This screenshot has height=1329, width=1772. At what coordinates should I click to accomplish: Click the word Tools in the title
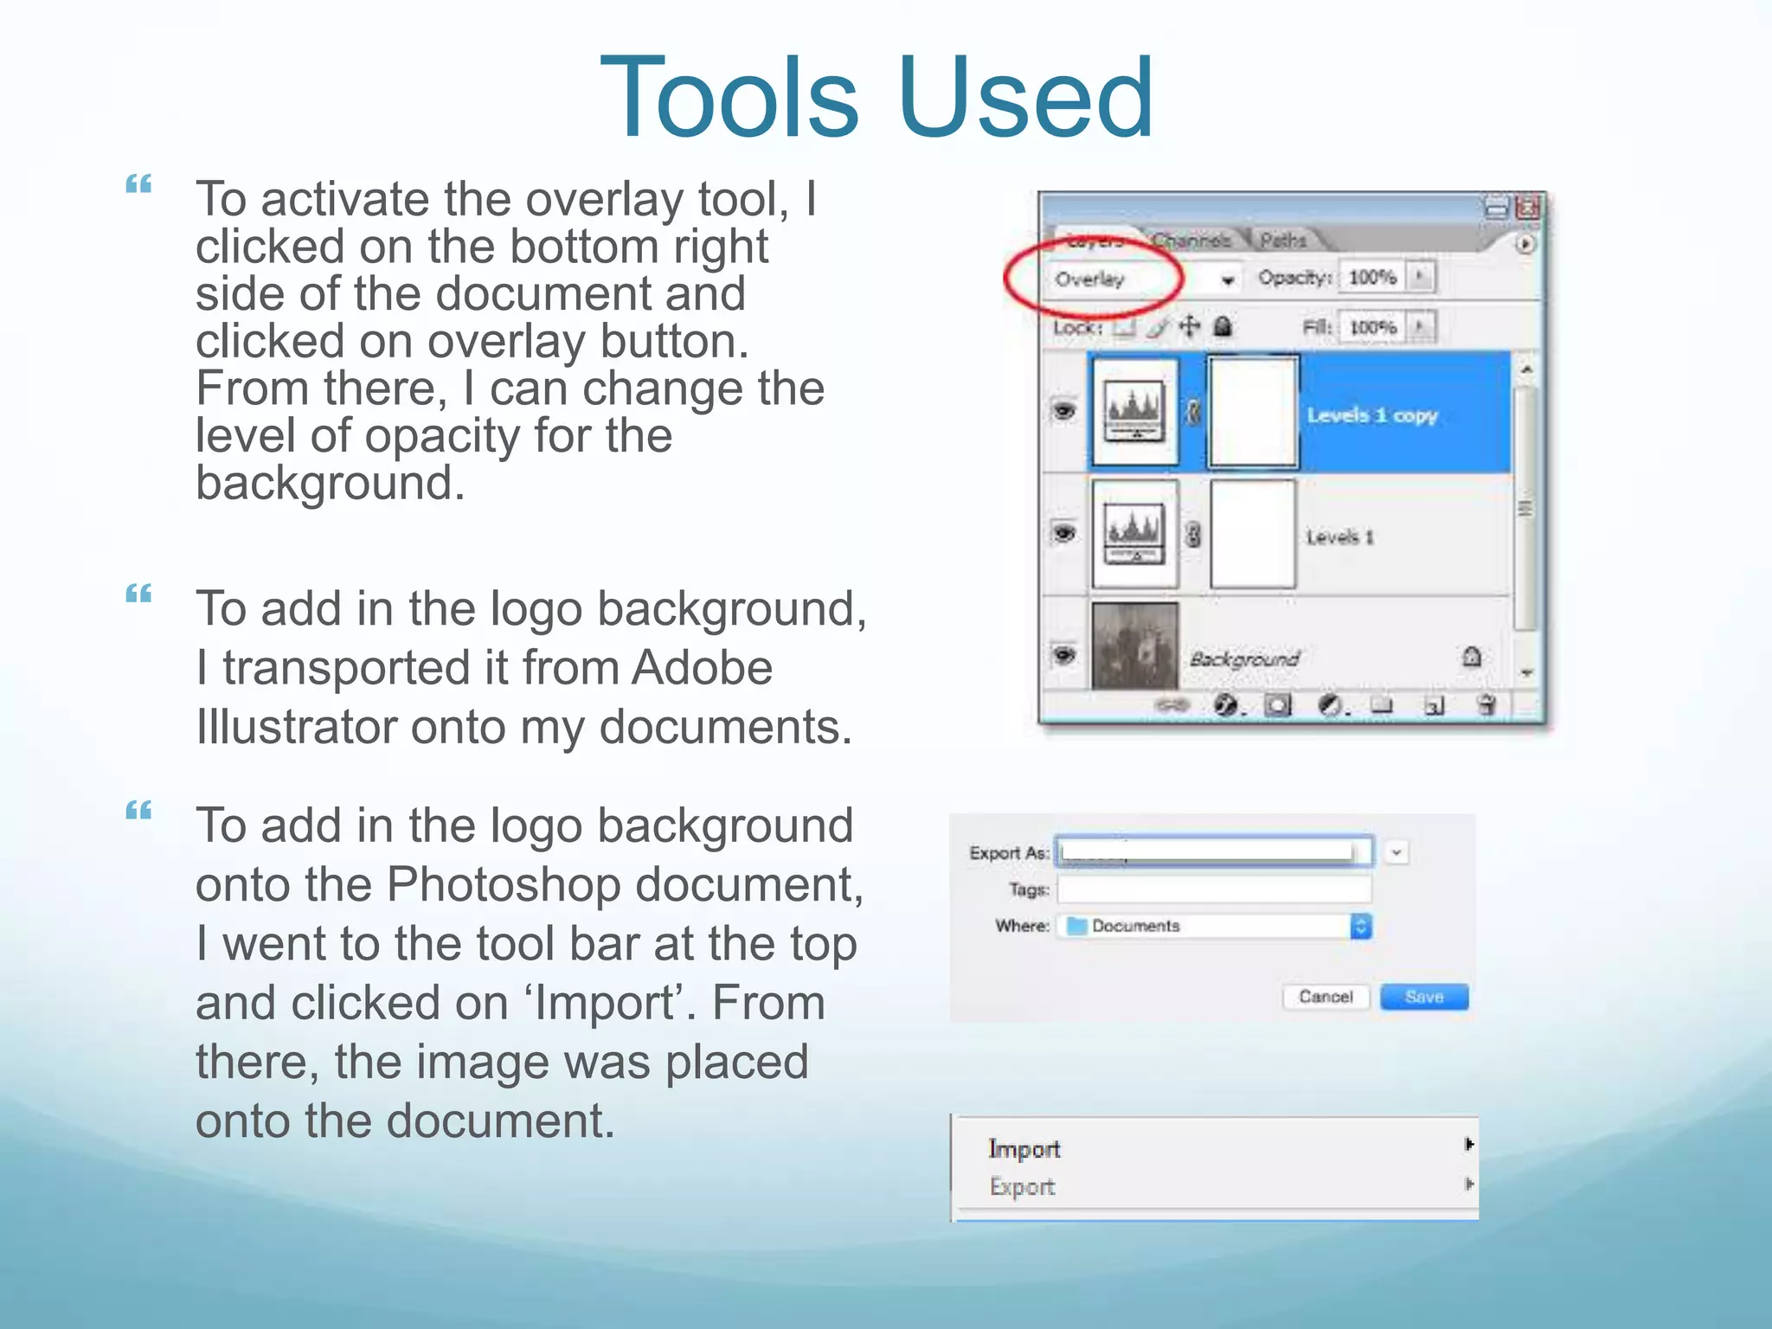pyautogui.click(x=729, y=97)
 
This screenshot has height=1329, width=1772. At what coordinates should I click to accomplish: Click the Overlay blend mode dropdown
pyautogui.click(x=1142, y=279)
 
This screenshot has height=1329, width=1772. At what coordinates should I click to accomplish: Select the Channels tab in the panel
pyautogui.click(x=1191, y=240)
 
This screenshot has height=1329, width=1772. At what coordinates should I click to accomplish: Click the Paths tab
pyautogui.click(x=1282, y=240)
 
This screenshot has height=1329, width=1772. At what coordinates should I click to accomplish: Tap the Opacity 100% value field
pyautogui.click(x=1372, y=277)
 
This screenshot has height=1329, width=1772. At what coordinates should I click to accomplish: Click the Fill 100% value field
pyautogui.click(x=1372, y=327)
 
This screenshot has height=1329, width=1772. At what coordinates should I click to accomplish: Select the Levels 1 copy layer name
pyautogui.click(x=1372, y=415)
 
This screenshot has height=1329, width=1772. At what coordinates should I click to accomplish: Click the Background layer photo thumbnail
pyautogui.click(x=1135, y=645)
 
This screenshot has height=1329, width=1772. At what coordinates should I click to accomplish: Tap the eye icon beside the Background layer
pyautogui.click(x=1064, y=655)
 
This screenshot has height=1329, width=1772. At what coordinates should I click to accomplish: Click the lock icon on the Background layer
pyautogui.click(x=1471, y=658)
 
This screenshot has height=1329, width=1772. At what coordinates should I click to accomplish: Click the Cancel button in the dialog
pyautogui.click(x=1326, y=997)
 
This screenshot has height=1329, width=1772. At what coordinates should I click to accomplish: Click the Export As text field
pyautogui.click(x=1211, y=851)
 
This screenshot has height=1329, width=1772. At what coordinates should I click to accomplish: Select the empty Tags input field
pyautogui.click(x=1213, y=889)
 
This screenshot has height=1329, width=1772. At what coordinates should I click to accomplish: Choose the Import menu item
pyautogui.click(x=1024, y=1149)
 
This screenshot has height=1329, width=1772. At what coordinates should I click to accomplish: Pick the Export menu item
pyautogui.click(x=1023, y=1187)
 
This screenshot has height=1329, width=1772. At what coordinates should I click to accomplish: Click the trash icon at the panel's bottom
pyautogui.click(x=1486, y=705)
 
